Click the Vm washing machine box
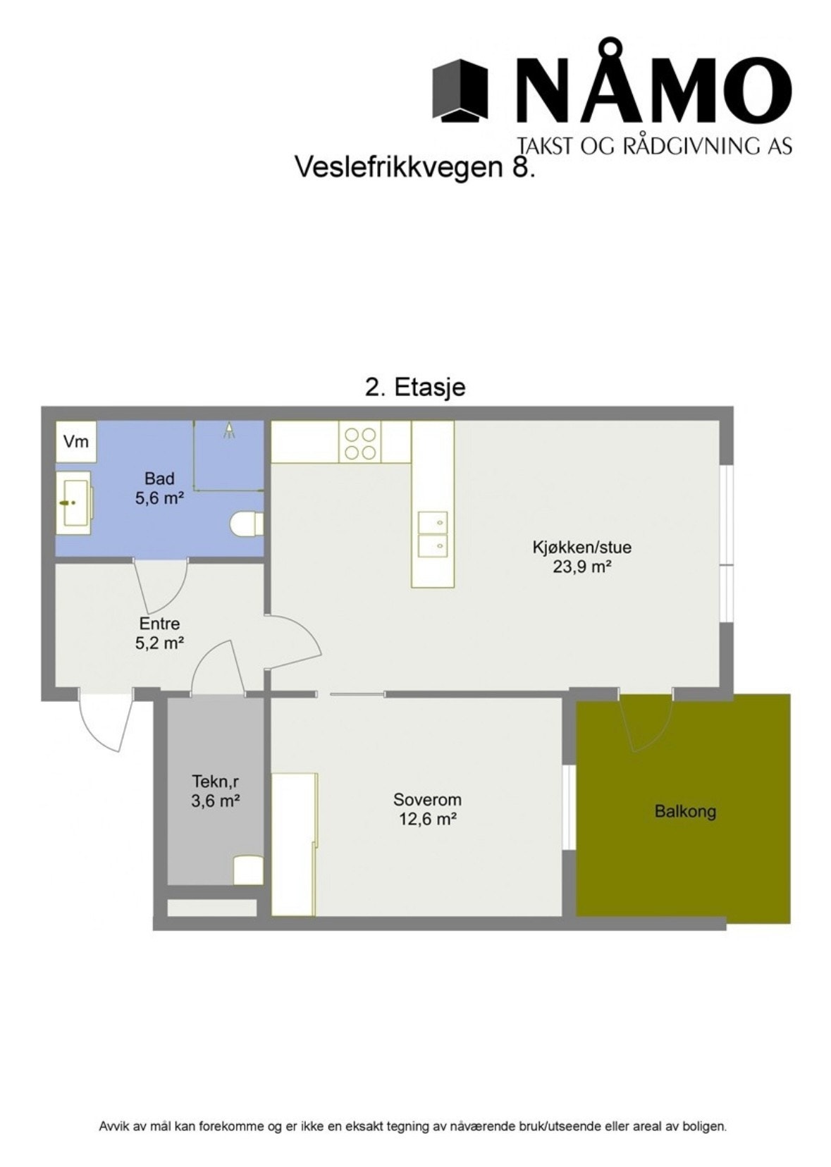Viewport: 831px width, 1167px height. (x=76, y=442)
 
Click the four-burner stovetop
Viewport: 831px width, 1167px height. (x=359, y=442)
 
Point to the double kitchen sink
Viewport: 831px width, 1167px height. (x=432, y=534)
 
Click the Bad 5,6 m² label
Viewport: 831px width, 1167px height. (x=159, y=488)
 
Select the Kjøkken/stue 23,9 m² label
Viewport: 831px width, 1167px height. (x=581, y=556)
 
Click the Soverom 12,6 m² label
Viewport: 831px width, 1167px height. (x=427, y=809)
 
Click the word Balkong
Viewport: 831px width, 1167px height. (x=685, y=811)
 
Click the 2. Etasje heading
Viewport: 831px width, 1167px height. (x=415, y=387)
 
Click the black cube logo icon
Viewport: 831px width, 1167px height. (x=460, y=89)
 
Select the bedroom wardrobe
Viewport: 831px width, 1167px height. (x=293, y=844)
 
